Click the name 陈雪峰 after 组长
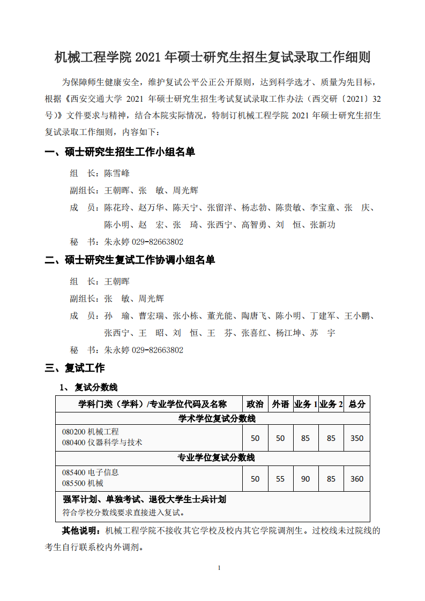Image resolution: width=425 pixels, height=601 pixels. coord(117,173)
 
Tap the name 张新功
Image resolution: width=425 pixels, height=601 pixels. coord(323,224)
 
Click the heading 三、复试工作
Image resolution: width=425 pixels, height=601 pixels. coord(75,368)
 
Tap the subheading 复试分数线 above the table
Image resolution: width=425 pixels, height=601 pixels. coord(96,387)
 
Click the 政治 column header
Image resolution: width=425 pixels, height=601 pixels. coord(255,404)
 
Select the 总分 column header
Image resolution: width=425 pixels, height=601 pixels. coord(357,404)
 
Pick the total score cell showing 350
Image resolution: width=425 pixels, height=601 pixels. coord(357,438)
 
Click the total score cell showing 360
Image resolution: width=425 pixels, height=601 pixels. coord(357,479)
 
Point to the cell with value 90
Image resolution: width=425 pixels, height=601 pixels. coord(305,479)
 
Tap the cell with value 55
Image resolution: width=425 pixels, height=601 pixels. coord(280,479)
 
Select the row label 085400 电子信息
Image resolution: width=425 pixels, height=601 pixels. coord(90,472)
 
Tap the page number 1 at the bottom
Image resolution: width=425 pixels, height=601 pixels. coord(219,568)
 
